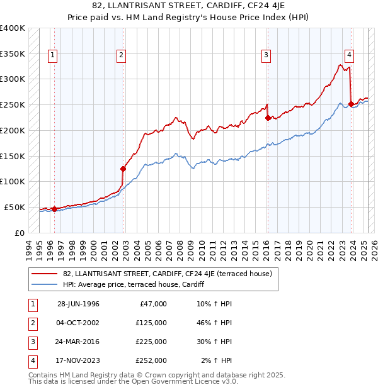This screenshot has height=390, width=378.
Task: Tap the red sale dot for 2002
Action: [x=123, y=169]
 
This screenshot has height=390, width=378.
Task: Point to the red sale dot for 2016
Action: [x=268, y=117]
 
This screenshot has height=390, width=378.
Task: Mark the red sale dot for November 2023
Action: [x=351, y=104]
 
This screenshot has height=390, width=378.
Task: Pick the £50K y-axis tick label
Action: [x=15, y=207]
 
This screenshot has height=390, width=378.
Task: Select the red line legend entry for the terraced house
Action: [x=167, y=274]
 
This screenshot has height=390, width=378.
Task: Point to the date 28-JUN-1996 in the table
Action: [x=78, y=304]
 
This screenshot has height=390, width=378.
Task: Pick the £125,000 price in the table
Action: [x=152, y=323]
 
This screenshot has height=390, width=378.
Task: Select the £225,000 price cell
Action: [x=152, y=342]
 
